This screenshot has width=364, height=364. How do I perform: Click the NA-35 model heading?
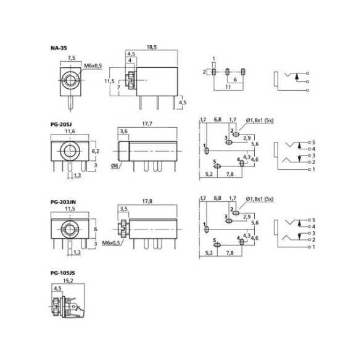(59, 48)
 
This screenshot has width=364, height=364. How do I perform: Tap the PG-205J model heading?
(61, 125)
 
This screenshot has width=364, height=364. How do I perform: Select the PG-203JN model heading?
(63, 202)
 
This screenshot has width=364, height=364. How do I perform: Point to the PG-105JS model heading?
(63, 273)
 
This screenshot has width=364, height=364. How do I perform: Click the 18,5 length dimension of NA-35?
(152, 47)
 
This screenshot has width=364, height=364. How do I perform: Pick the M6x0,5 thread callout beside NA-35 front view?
(93, 65)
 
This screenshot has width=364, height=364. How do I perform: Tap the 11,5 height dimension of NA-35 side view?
(109, 81)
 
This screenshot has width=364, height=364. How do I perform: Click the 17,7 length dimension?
(147, 124)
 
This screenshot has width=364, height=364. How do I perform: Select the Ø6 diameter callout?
(115, 166)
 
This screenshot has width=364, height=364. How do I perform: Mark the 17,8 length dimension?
(147, 201)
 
